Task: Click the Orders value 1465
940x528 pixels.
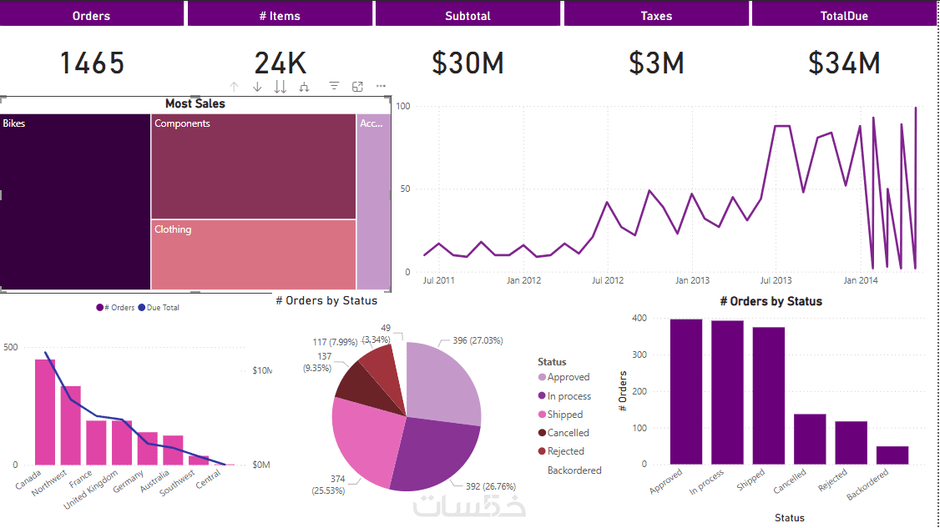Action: pos(92,63)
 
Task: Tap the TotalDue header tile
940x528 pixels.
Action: pos(845,15)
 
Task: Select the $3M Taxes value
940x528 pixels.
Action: pos(656,63)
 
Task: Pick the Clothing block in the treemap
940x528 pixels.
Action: pos(254,254)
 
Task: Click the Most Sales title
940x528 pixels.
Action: pos(195,103)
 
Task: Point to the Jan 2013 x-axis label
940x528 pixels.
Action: pos(692,280)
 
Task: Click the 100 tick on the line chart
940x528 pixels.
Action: pos(403,106)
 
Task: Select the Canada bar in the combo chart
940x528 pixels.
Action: pos(45,412)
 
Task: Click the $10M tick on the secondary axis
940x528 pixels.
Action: pos(262,370)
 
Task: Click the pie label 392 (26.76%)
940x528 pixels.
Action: pos(484,486)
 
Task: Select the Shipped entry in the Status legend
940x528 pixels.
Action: pos(565,415)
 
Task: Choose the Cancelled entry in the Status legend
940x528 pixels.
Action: pos(568,433)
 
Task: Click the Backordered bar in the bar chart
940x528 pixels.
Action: pos(892,455)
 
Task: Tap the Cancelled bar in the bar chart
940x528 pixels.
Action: pos(810,439)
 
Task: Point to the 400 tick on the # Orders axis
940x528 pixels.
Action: pos(639,318)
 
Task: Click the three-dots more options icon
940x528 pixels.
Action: pos(381,86)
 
